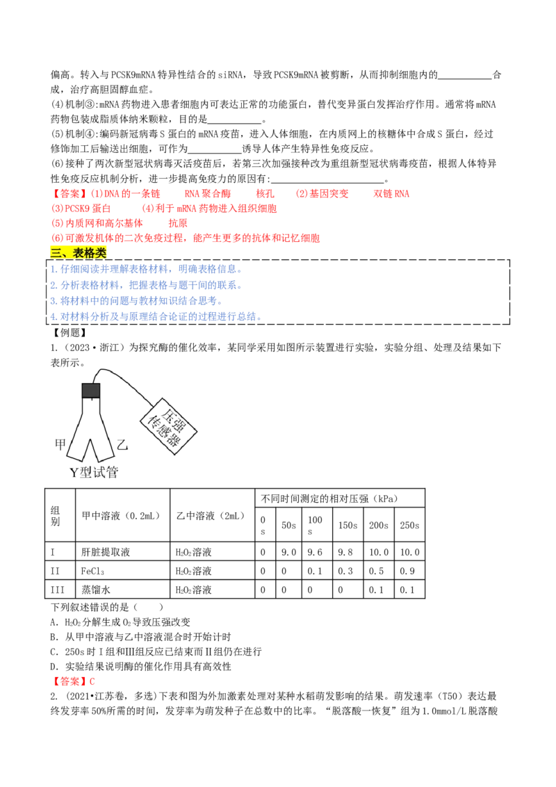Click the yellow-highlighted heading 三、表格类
click(x=80, y=253)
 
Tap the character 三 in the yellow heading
click(x=56, y=253)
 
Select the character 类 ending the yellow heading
click(x=101, y=253)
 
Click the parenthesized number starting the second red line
click(x=56, y=209)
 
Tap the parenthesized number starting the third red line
click(x=56, y=223)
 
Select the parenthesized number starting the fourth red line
click(x=56, y=238)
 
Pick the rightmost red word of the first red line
click(x=391, y=194)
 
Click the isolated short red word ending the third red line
click(x=178, y=223)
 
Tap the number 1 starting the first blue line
click(x=53, y=270)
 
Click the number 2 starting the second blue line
click(x=53, y=285)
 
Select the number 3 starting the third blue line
click(x=53, y=301)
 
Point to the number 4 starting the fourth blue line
click(x=53, y=317)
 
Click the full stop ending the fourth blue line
click(x=258, y=319)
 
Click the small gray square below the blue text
click(x=90, y=391)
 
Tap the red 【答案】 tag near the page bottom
click(x=69, y=682)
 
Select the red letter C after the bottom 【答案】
click(x=92, y=682)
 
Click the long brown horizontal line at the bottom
click(x=327, y=687)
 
